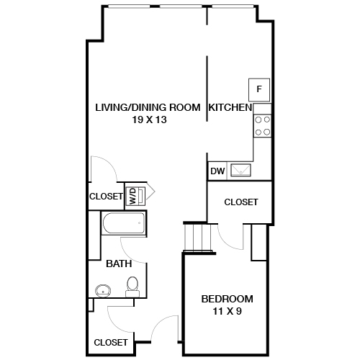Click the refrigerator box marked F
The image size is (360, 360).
(x=259, y=89)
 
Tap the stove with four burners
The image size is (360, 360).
(x=262, y=127)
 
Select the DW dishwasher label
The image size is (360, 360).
(x=217, y=171)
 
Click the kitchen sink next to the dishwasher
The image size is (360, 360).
(x=240, y=171)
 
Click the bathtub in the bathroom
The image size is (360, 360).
(x=124, y=223)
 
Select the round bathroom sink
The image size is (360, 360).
(x=102, y=292)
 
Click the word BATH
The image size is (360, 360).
(x=119, y=264)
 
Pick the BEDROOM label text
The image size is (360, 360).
(x=227, y=299)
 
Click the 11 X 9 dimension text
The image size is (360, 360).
(x=227, y=312)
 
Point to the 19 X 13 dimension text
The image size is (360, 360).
(x=150, y=120)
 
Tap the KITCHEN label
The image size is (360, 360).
(x=230, y=107)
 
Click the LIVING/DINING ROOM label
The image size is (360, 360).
(x=148, y=107)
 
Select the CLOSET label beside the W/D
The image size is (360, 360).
(x=105, y=196)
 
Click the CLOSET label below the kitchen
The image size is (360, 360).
(x=240, y=202)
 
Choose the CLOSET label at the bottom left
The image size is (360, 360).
(x=111, y=342)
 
